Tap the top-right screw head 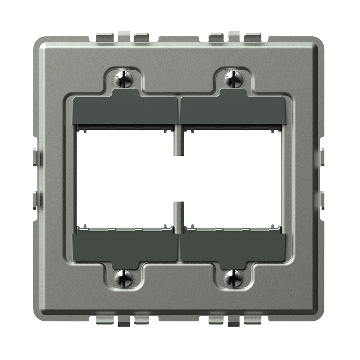click(234, 79)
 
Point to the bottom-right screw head click(234, 278)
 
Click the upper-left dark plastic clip click(125, 110)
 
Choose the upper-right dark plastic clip click(232, 110)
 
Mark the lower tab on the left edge click(35, 200)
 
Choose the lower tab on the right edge click(323, 200)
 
